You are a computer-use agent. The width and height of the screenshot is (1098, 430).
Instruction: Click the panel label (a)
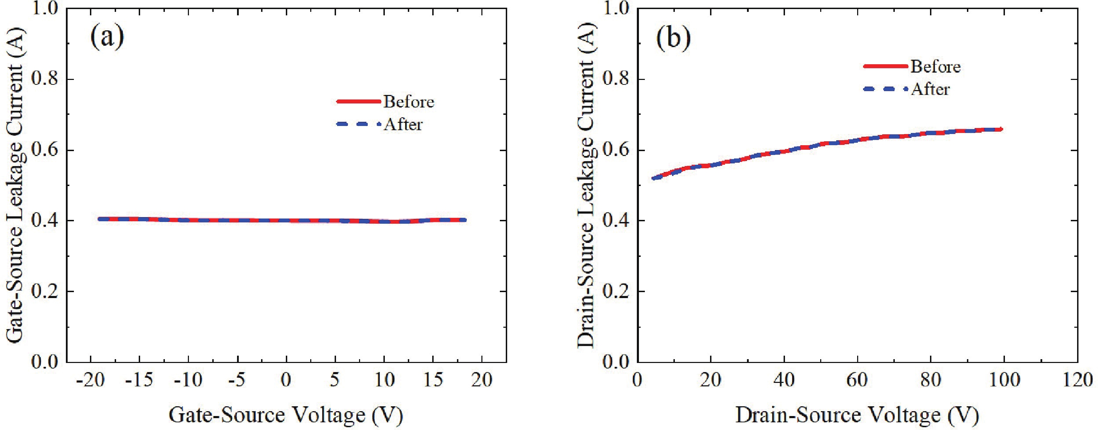pos(107,38)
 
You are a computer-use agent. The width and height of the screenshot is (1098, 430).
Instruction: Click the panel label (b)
pos(673,38)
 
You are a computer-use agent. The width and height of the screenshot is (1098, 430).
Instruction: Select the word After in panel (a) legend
pos(403,125)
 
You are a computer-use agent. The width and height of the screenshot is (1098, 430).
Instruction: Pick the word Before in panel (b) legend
pos(936,67)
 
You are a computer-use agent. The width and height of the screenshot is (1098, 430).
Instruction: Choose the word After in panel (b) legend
pos(930,90)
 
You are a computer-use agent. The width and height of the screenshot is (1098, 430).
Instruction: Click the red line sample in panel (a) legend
pos(358,102)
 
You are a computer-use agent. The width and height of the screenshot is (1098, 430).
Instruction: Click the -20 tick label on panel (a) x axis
pos(90,380)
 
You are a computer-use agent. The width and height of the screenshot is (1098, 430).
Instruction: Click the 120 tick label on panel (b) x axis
pos(1077,380)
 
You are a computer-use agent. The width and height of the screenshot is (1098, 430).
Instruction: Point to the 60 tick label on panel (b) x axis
pos(857,380)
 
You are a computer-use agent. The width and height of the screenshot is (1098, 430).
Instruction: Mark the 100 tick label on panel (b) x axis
pos(1004,380)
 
